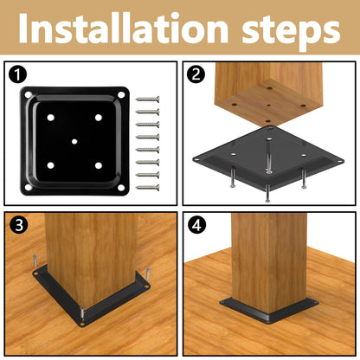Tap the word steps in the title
coord(292,32)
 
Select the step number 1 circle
coord(17,74)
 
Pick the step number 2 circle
coord(196,74)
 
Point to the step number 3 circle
coord(19,225)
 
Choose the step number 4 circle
coord(196,225)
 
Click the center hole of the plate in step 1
coord(74,141)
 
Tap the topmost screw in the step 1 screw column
coord(147,100)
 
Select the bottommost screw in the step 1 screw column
coord(147,188)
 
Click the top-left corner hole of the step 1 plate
coord(28,94)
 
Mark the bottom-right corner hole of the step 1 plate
coord(121,188)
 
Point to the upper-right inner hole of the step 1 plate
coord(99,118)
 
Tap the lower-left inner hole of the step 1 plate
coord(50,165)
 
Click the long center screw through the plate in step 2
coord(269,157)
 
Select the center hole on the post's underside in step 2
coord(269,105)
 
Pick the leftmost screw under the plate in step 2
coord(233,178)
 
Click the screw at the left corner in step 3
coord(35,261)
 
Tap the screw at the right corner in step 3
coord(148,273)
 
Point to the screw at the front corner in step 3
coord(82,313)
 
